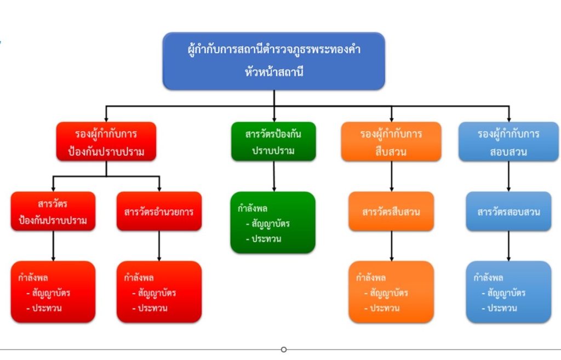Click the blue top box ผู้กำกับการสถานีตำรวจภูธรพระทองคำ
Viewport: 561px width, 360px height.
(x=273, y=60)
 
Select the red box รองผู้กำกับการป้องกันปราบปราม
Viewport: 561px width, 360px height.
(x=106, y=141)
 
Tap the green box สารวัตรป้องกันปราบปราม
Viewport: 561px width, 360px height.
(x=273, y=141)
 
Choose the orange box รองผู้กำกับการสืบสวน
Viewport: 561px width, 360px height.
(x=391, y=141)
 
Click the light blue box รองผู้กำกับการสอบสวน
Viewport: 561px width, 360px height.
(x=508, y=141)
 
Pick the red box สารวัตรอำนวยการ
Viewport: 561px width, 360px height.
(x=159, y=211)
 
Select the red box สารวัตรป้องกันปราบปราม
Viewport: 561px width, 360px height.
(x=53, y=211)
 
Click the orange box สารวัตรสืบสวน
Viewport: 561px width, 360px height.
(x=391, y=211)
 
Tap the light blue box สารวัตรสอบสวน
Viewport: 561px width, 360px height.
(x=508, y=211)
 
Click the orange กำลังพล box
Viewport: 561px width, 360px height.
(x=391, y=292)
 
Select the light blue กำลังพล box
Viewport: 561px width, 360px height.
(x=508, y=292)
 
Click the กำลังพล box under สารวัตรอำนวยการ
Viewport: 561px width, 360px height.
(x=159, y=292)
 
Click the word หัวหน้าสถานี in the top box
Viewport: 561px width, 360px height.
(x=274, y=71)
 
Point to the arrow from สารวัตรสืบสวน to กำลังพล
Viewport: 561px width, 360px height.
(x=391, y=245)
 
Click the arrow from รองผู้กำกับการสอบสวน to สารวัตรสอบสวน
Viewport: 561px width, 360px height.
(x=508, y=176)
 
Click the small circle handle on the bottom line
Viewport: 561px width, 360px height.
(x=284, y=349)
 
